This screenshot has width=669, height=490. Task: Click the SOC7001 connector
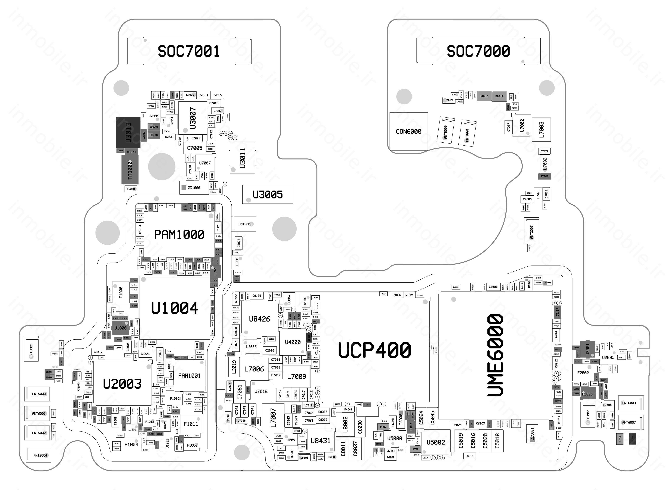(189, 51)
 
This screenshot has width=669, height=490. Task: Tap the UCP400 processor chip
(375, 350)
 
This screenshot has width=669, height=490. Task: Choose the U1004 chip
(174, 308)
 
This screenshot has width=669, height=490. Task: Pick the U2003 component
(122, 384)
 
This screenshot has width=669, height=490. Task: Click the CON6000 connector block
(408, 131)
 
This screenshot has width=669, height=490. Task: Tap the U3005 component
(267, 195)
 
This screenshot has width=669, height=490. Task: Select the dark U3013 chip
(128, 132)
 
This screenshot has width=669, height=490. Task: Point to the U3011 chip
(242, 158)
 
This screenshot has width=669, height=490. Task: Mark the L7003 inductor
(541, 130)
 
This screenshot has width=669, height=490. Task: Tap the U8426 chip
(259, 319)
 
